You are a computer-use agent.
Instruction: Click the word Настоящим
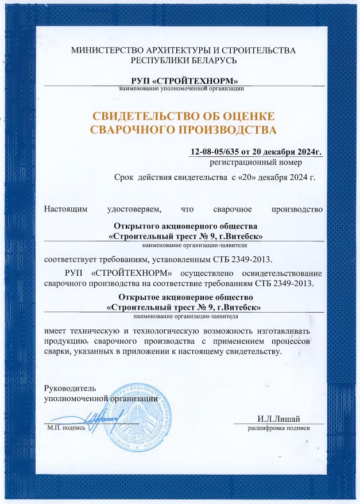(66, 209)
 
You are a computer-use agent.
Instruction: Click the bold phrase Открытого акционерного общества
(182, 226)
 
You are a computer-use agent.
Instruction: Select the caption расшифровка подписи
(278, 429)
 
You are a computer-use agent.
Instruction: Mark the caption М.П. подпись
(66, 428)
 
